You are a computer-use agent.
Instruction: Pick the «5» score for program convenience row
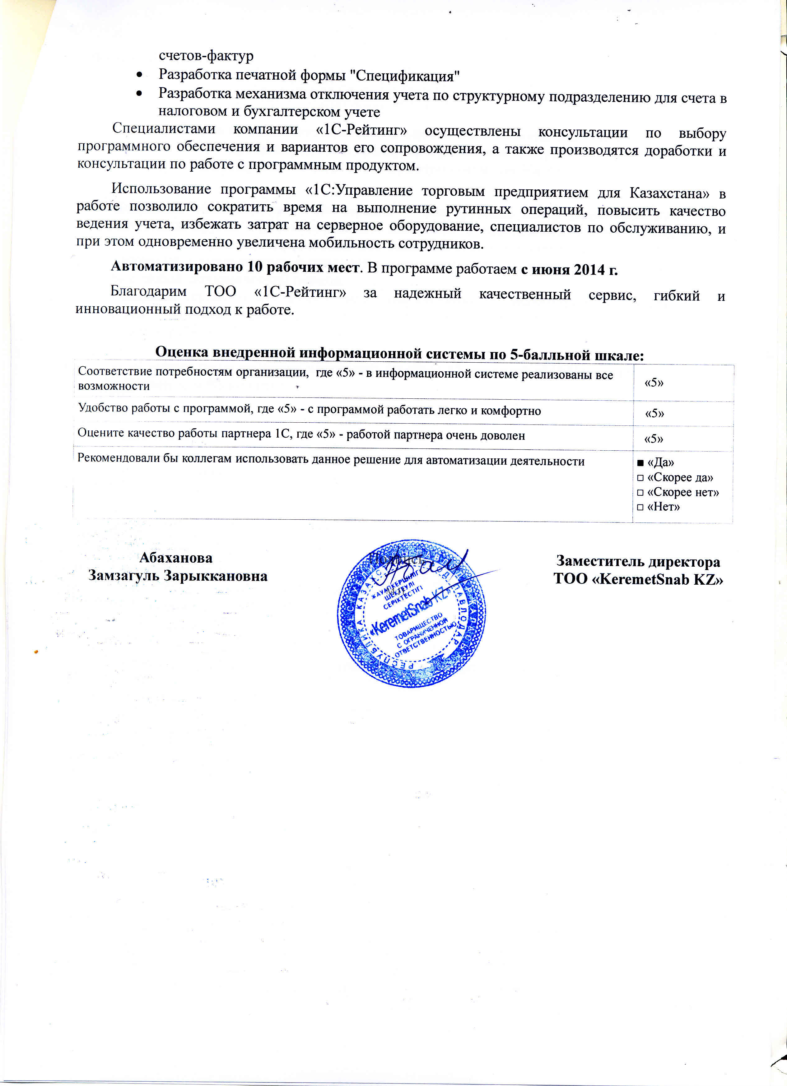point(654,413)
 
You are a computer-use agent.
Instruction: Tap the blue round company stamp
point(412,615)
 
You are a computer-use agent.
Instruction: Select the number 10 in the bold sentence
point(254,267)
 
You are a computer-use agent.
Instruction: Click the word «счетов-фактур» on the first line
point(206,56)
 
